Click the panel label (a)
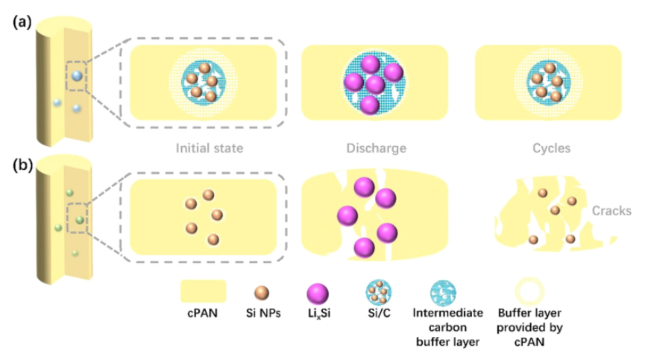(x=21, y=22)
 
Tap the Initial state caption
(x=209, y=148)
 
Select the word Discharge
(x=376, y=148)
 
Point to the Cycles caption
(x=553, y=148)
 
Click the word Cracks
(x=611, y=211)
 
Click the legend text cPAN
(x=203, y=317)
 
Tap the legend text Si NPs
(x=262, y=317)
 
